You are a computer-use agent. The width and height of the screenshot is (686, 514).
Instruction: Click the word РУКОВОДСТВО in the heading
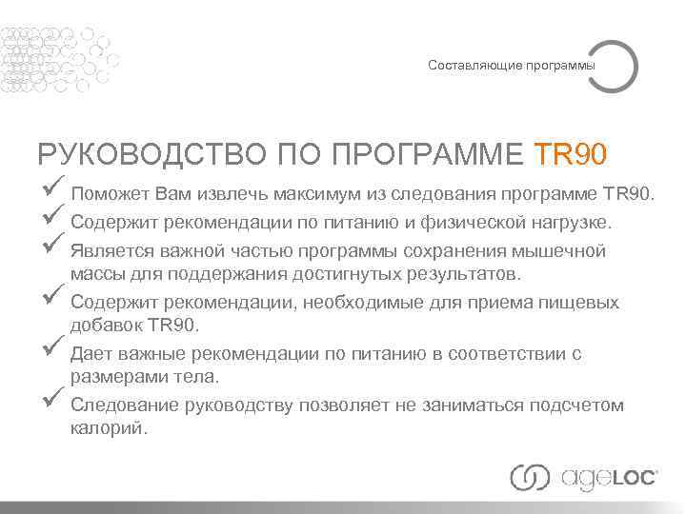[152, 153]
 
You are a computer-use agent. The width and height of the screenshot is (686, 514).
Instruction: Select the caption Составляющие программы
[511, 66]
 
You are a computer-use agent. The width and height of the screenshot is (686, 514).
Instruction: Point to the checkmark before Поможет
[52, 188]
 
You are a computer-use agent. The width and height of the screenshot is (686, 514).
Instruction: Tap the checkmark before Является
[52, 246]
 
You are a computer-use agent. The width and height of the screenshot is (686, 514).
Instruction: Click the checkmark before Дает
[52, 348]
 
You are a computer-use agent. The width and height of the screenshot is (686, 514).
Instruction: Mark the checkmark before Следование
[52, 400]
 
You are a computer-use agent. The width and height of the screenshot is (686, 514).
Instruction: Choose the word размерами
[113, 378]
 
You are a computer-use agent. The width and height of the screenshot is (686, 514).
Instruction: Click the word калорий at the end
[108, 429]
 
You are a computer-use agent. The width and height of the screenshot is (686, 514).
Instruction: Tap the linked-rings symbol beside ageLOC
[531, 478]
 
